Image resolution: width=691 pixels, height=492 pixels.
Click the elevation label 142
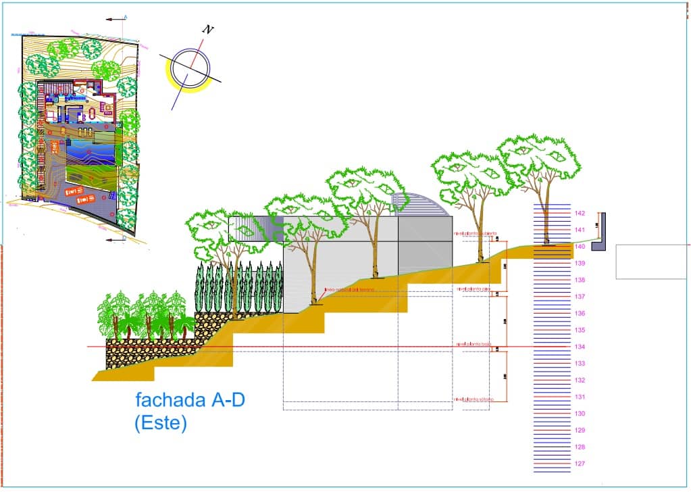[580, 214]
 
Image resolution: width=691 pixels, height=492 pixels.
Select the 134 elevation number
[580, 347]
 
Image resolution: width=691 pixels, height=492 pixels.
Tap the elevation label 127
[580, 464]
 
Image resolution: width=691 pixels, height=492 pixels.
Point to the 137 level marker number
[580, 297]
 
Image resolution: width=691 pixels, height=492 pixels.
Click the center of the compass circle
[189, 68]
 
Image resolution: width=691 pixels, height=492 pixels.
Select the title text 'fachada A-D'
[190, 400]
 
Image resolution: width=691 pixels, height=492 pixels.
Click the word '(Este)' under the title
[160, 424]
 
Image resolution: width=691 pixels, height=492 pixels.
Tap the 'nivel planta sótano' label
[474, 399]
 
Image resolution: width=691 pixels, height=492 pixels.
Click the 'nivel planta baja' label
[473, 345]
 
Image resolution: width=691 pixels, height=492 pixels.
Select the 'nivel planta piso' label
[473, 289]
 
